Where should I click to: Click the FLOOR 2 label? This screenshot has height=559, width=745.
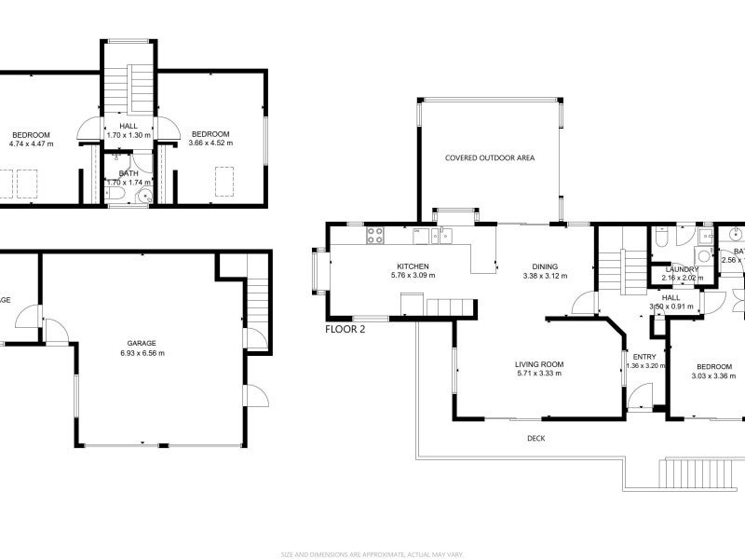click(346, 329)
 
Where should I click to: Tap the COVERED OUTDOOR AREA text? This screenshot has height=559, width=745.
click(489, 158)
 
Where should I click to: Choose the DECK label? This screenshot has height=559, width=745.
click(535, 438)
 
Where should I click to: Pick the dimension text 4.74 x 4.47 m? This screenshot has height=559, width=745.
click(31, 143)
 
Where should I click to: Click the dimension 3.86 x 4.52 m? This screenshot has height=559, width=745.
click(210, 143)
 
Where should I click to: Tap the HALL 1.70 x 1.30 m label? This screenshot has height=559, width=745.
click(128, 130)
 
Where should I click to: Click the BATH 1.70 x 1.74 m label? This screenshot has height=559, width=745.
click(128, 178)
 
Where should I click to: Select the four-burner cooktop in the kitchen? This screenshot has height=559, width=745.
click(376, 235)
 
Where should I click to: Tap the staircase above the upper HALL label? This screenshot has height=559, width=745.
click(128, 89)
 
